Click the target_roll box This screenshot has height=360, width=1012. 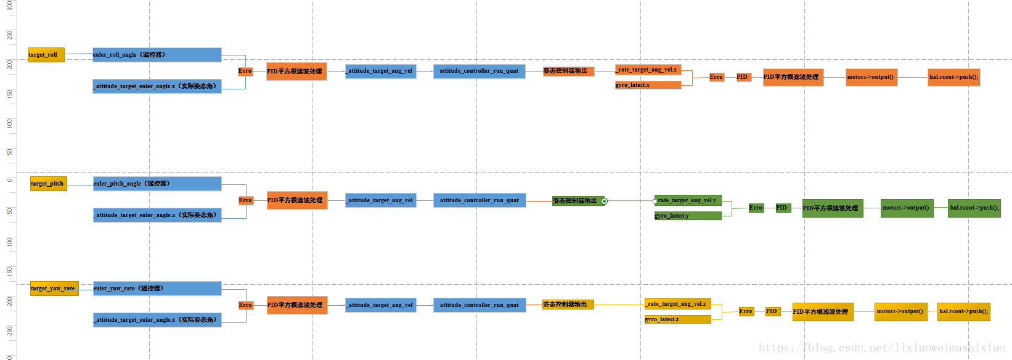pos(46,55)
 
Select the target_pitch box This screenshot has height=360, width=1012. pos(49,184)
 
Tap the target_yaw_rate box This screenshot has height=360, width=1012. pos(54,288)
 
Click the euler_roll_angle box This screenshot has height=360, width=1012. pos(157,55)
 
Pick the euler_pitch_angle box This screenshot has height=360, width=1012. pos(157,184)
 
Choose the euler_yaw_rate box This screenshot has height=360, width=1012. pos(157,288)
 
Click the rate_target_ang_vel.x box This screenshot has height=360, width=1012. pos(648,70)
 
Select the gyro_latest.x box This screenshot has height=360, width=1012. pos(648,85)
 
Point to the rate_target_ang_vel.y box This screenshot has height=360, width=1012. pos(688,200)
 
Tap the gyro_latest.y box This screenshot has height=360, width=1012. pos(688,216)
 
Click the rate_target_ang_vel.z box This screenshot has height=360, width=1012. pos(677,304)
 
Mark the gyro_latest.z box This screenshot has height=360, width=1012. pos(677,319)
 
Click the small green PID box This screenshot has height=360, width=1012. pos(783,208)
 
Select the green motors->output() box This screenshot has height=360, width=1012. pos(907,208)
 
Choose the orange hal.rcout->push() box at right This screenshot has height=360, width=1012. pos(953,77)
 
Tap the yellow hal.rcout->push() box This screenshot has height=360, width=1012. pos(963,311)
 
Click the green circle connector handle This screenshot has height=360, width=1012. pos(604,201)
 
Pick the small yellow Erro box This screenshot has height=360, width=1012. pos(746,311)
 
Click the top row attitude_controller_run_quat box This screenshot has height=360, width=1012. pos(479,71)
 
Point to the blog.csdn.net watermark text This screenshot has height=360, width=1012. pos(881,348)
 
